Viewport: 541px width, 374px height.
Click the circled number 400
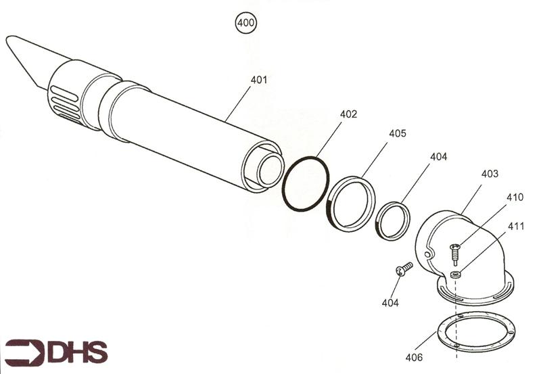point(245,24)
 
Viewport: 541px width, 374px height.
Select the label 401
point(259,80)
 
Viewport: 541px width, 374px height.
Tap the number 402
point(348,114)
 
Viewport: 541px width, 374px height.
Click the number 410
point(515,197)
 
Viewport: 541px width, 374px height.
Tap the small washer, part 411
point(455,275)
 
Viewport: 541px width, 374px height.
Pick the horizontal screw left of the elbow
point(404,269)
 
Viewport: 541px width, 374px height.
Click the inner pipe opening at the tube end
point(268,169)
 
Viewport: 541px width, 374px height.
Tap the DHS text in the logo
point(77,352)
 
